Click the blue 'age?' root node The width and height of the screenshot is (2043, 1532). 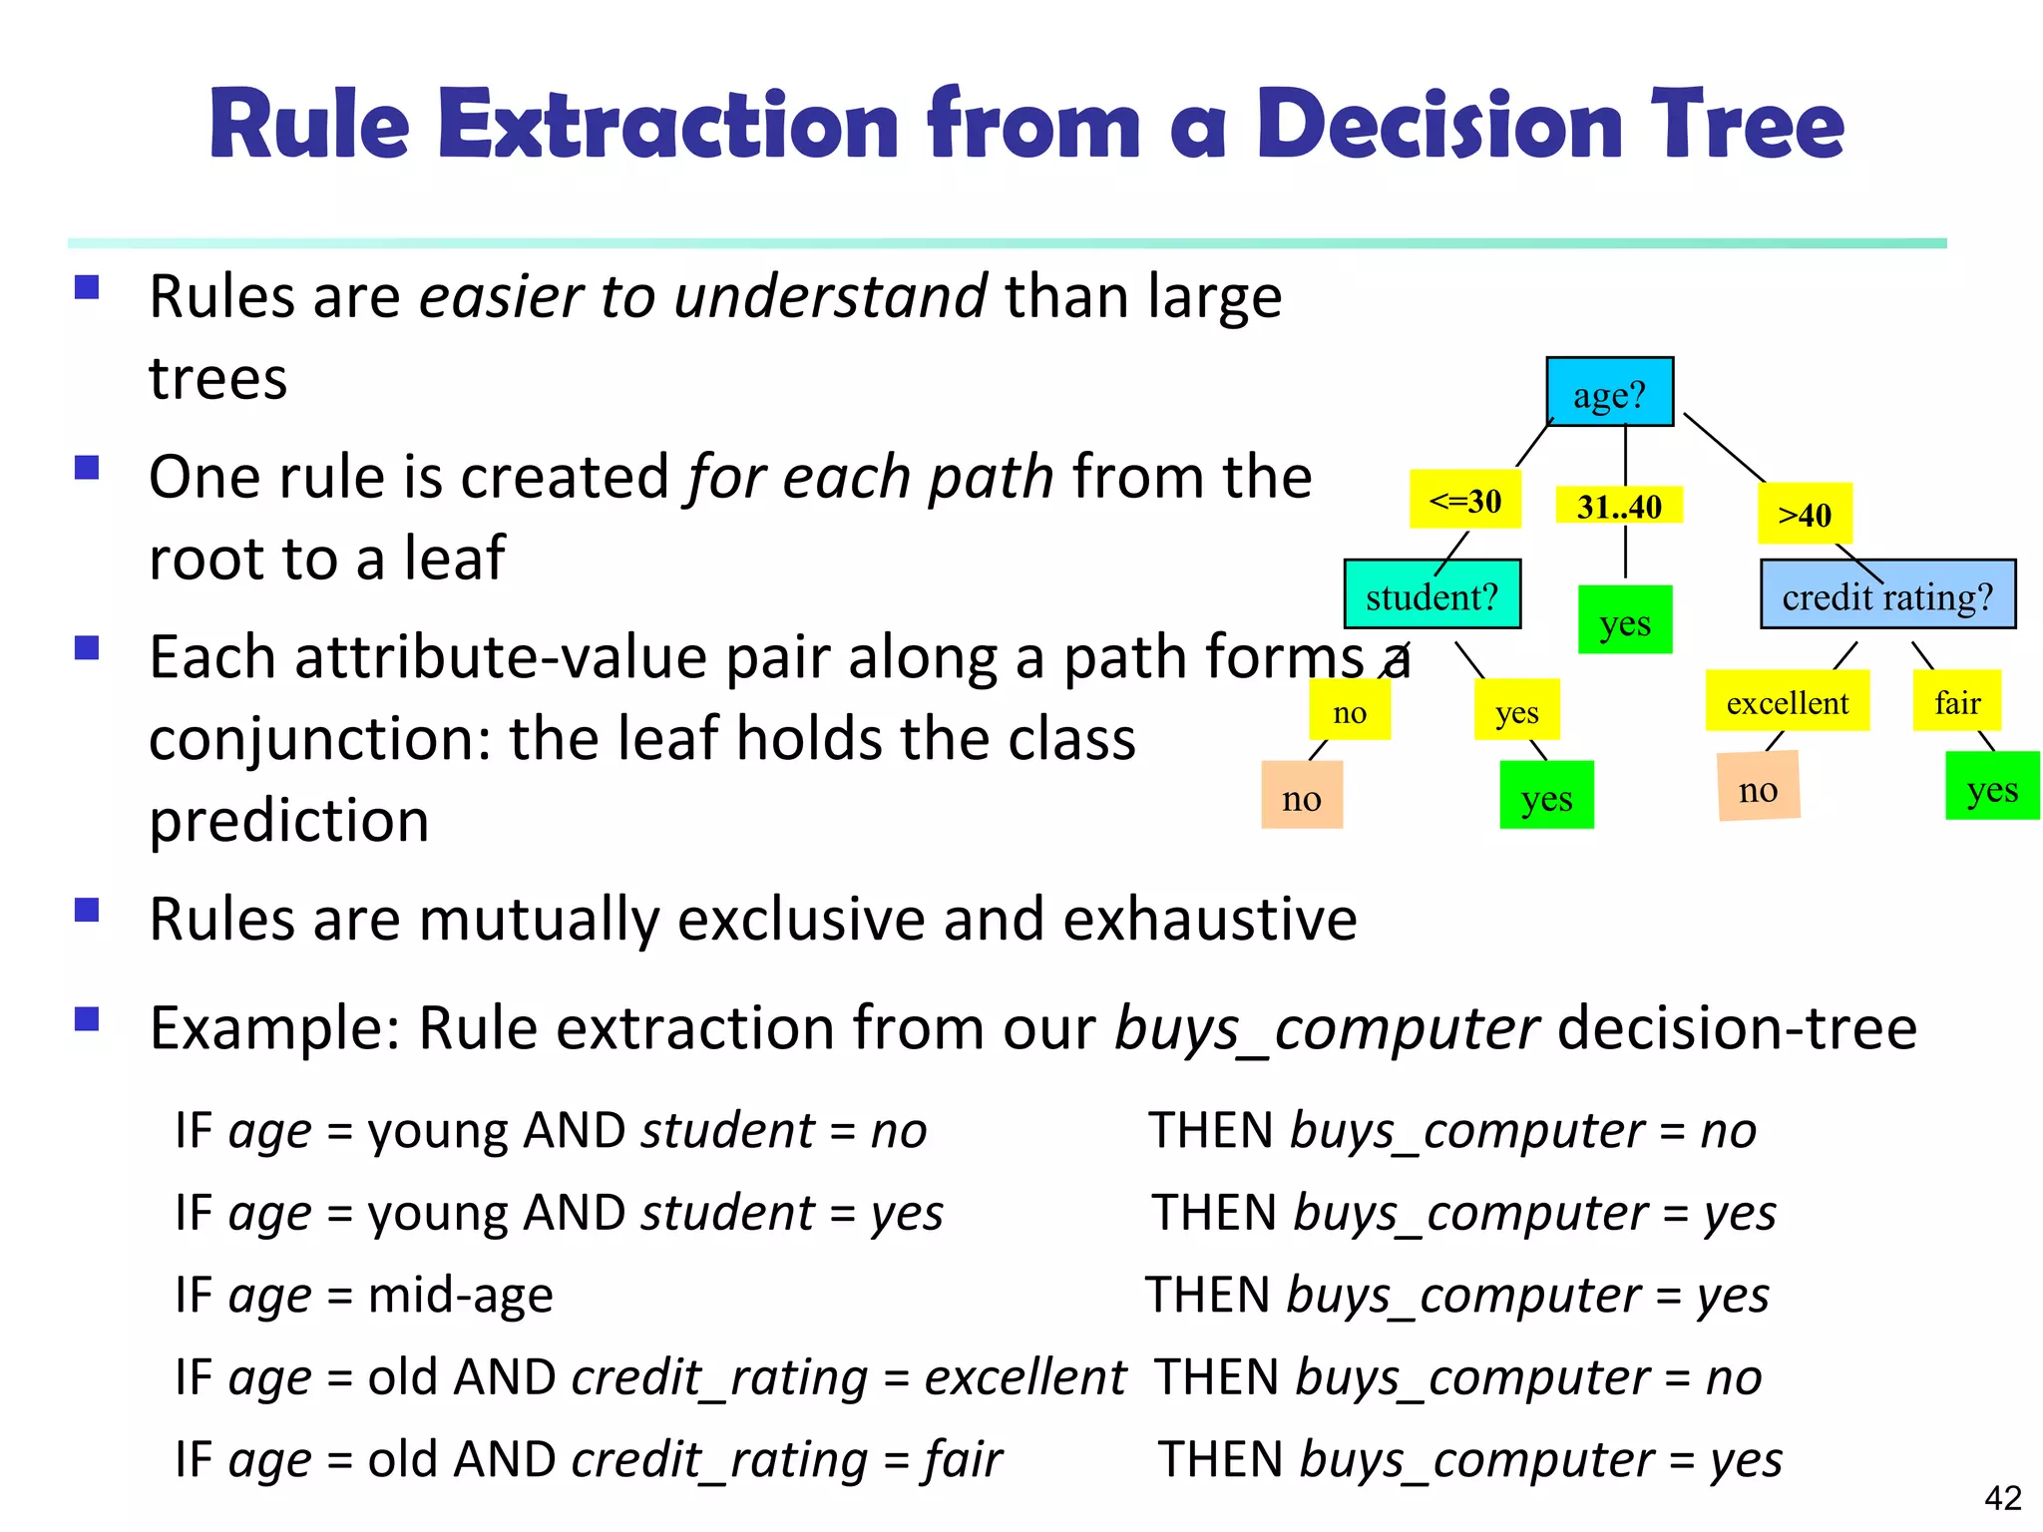click(1609, 392)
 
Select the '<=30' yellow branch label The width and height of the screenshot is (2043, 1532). click(1464, 500)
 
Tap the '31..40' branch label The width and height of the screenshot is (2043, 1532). click(1619, 506)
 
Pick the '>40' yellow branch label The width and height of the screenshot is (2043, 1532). click(1805, 514)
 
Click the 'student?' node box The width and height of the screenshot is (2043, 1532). click(1431, 594)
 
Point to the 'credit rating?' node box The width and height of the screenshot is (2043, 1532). click(1887, 594)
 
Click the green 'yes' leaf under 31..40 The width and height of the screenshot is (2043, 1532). click(1625, 620)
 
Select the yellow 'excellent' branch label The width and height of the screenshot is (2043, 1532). click(1787, 701)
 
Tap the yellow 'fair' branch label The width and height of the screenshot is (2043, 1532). click(1956, 701)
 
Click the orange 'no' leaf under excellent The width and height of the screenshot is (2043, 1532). click(1758, 788)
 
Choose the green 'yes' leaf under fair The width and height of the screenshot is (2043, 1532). click(1992, 787)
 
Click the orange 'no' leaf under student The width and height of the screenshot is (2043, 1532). click(1302, 796)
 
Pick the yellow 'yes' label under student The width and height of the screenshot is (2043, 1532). click(1516, 710)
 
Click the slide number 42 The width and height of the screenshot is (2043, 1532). click(2002, 1497)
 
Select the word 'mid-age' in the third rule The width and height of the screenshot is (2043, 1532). click(460, 1295)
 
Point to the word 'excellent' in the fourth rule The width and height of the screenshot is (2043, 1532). click(1024, 1377)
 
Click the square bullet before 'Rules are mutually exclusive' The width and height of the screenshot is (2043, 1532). click(88, 911)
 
